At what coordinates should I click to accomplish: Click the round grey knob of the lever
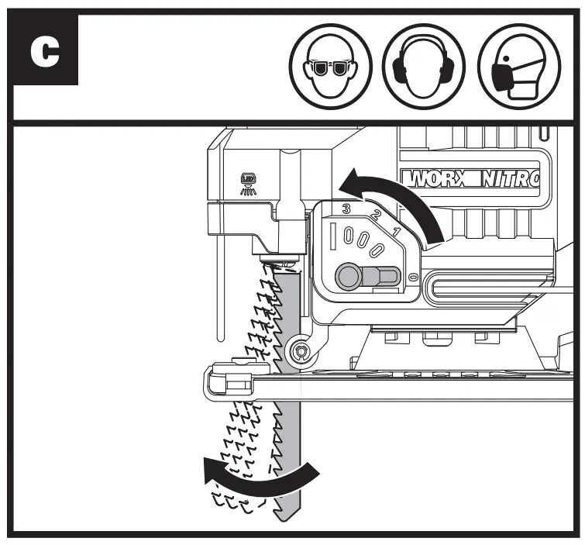pyautogui.click(x=346, y=275)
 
